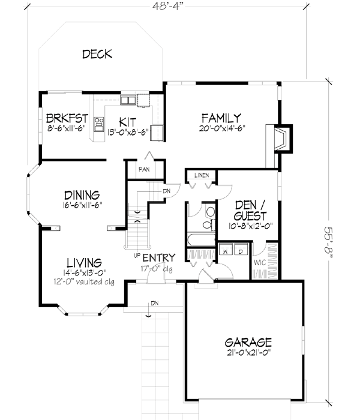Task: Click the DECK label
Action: pos(97,55)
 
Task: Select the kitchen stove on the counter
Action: pos(100,124)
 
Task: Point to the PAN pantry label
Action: pos(144,170)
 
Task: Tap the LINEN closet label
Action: pos(200,175)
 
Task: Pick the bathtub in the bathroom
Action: pos(200,240)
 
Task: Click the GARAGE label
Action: pos(248,342)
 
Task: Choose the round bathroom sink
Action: pos(210,212)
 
